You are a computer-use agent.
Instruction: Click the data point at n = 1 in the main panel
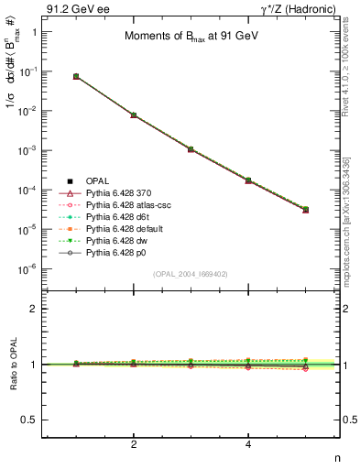coord(76,76)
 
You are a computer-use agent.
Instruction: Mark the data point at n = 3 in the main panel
coord(191,148)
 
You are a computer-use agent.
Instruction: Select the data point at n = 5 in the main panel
coord(306,209)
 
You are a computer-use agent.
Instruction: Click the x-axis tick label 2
coord(134,444)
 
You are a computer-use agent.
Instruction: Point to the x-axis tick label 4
coord(248,444)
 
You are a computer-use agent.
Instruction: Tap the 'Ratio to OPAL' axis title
coord(12,365)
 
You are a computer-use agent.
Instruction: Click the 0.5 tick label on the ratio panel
coord(30,420)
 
